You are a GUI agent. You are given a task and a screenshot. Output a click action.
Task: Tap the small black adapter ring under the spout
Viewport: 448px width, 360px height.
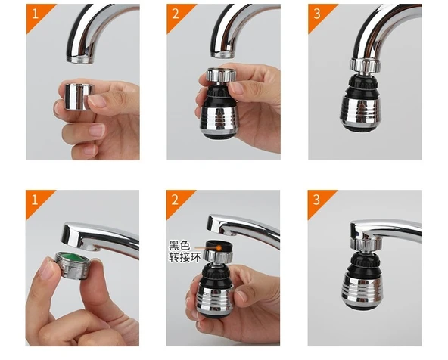218,247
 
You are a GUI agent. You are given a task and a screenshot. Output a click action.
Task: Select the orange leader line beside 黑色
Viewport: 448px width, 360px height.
201,247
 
